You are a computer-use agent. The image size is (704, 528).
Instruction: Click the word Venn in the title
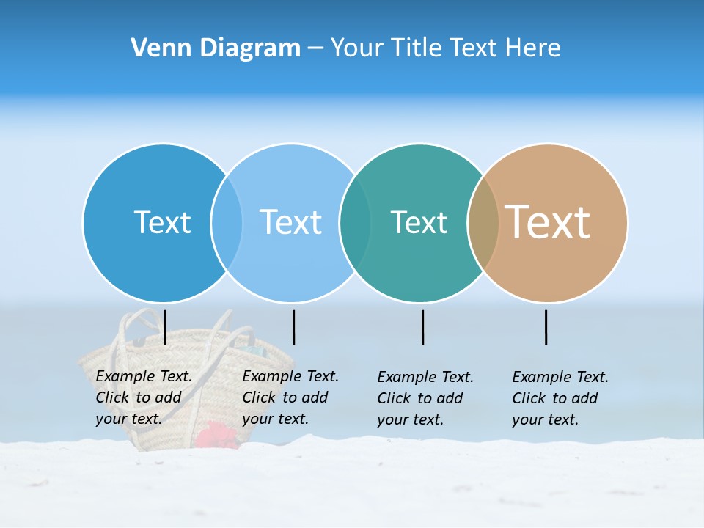tap(155, 48)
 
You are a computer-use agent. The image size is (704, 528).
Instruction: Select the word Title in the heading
tap(416, 48)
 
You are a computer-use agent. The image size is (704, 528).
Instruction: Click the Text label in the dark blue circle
tap(162, 222)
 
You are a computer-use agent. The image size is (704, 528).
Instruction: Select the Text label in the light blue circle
tap(290, 222)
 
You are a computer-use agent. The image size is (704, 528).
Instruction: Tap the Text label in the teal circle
tap(419, 222)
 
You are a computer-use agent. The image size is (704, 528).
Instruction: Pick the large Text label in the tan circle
tap(548, 222)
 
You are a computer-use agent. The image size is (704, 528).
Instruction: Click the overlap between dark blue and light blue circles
tap(227, 222)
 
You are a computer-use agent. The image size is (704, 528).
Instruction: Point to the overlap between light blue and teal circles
tap(355, 222)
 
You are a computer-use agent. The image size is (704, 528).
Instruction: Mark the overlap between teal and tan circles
tap(483, 222)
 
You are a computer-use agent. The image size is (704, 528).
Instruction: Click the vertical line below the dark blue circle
tap(165, 327)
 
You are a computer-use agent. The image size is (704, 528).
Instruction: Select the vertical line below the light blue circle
tap(293, 327)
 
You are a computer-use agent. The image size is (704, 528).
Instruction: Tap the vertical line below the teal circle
tap(422, 327)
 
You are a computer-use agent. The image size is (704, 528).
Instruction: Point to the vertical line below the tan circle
tap(546, 327)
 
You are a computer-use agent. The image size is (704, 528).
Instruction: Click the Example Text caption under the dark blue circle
tap(144, 397)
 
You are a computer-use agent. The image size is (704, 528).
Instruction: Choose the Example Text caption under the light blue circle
tap(290, 397)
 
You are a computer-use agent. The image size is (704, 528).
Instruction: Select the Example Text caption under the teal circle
tap(425, 398)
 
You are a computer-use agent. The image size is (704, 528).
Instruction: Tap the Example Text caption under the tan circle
tap(560, 398)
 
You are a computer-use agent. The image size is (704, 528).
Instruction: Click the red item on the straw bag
tap(216, 435)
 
